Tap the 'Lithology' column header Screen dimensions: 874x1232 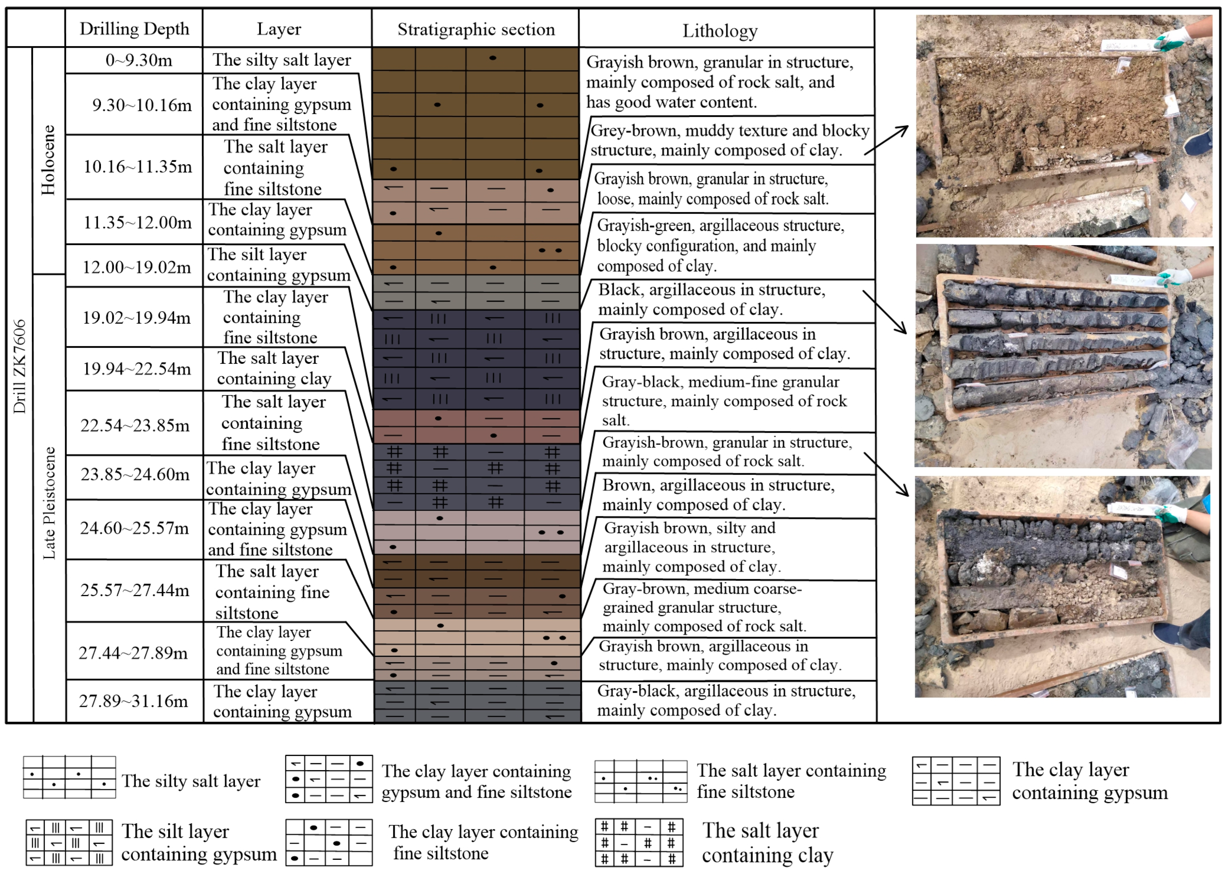(720, 31)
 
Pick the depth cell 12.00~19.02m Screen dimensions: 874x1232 (136, 267)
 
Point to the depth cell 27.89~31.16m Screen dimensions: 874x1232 (133, 701)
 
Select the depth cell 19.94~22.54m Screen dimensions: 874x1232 (137, 369)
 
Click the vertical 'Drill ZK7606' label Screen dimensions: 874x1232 (19, 366)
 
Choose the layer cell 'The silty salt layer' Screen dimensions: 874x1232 (281, 60)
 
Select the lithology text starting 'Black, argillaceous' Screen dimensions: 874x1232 (711, 299)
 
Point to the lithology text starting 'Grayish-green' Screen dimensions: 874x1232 (720, 245)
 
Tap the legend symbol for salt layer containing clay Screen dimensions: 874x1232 (639, 843)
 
